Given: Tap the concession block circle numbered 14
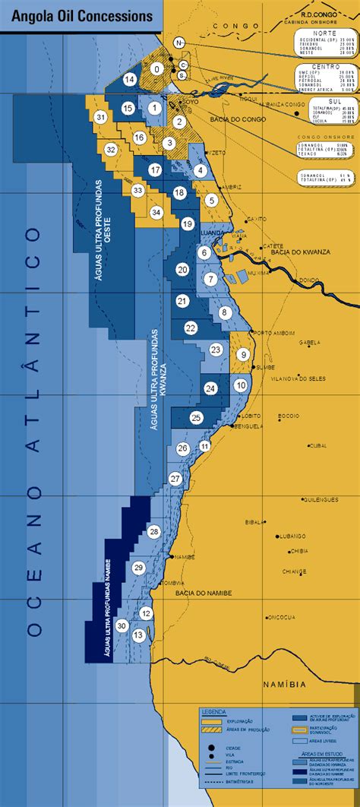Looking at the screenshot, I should [x=130, y=79].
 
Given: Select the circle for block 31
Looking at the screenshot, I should [x=100, y=117].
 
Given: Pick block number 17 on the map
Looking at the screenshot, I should [x=156, y=170].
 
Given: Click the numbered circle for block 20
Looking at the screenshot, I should [x=182, y=269].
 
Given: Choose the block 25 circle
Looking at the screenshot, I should [x=196, y=417].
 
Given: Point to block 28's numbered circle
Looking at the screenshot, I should [x=154, y=531].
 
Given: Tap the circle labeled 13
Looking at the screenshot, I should [x=138, y=635].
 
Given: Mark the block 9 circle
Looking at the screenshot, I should [x=243, y=354].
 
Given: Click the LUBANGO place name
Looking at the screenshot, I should [x=290, y=535].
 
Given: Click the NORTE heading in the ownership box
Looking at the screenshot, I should [x=327, y=34].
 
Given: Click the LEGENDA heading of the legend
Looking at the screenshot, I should [x=213, y=711].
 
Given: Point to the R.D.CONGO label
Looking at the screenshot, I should [x=318, y=13].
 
